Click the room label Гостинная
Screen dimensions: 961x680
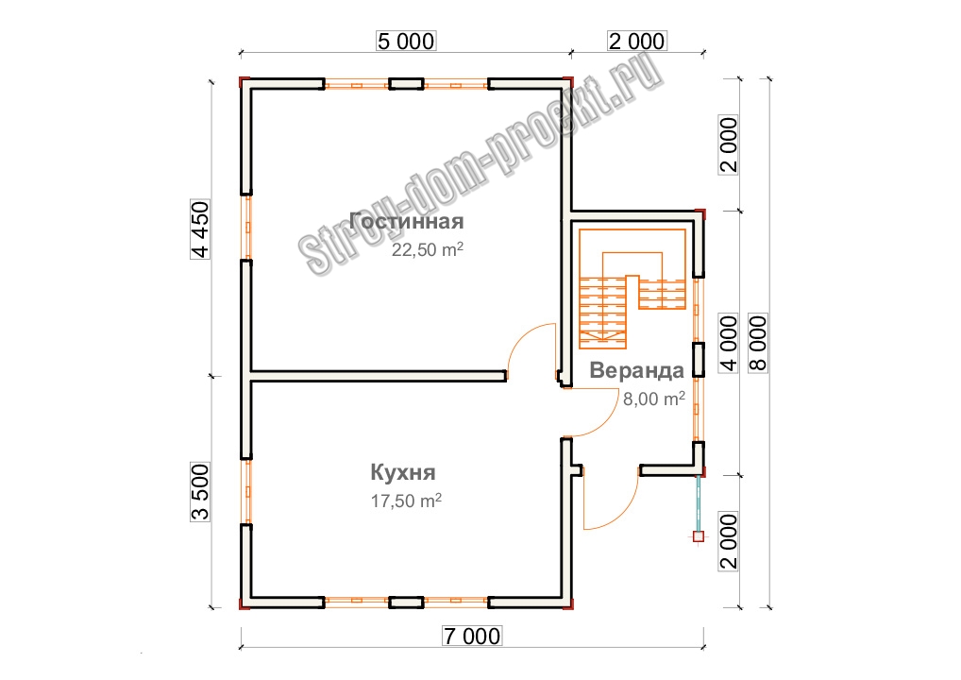point(406,221)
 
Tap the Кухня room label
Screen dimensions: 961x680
point(403,472)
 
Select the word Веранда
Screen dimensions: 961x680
point(637,370)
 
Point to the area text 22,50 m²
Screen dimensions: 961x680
point(428,249)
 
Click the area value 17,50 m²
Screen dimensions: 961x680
point(406,501)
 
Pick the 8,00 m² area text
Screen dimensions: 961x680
point(654,399)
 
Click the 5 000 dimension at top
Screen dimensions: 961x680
point(406,41)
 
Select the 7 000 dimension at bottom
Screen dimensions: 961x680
point(472,636)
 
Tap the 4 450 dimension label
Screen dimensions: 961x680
point(200,229)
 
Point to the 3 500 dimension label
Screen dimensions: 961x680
point(200,492)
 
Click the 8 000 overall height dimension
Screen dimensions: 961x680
point(758,344)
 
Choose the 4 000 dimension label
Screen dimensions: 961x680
point(729,344)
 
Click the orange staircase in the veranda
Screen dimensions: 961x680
point(632,288)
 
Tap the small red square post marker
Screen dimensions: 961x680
point(698,536)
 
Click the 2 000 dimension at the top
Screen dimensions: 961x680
point(637,41)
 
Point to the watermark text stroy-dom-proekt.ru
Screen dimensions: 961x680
point(481,164)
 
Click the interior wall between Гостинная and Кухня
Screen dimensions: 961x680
point(379,375)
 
